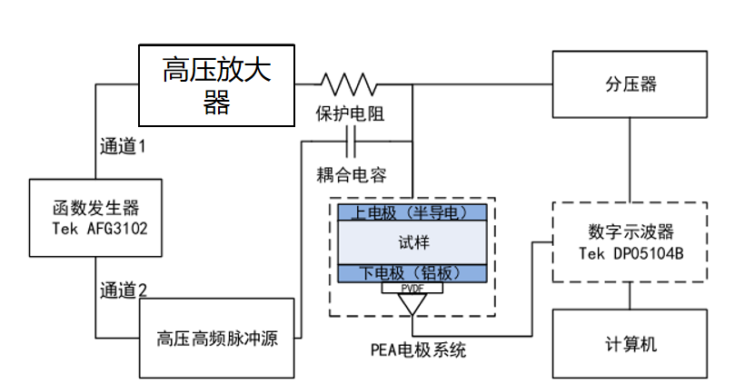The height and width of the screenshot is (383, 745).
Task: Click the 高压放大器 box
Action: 216,84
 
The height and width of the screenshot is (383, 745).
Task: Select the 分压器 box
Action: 630,84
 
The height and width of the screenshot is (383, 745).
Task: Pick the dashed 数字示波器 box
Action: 630,240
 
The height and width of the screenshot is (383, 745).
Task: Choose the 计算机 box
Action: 630,344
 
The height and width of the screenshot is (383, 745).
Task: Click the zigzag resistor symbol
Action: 347,84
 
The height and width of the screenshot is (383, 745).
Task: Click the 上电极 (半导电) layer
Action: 412,212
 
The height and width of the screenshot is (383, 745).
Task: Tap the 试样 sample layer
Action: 412,242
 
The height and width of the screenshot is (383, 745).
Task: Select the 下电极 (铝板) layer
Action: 412,273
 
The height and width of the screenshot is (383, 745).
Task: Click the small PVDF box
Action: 412,288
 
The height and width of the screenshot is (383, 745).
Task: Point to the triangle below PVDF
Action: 412,303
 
